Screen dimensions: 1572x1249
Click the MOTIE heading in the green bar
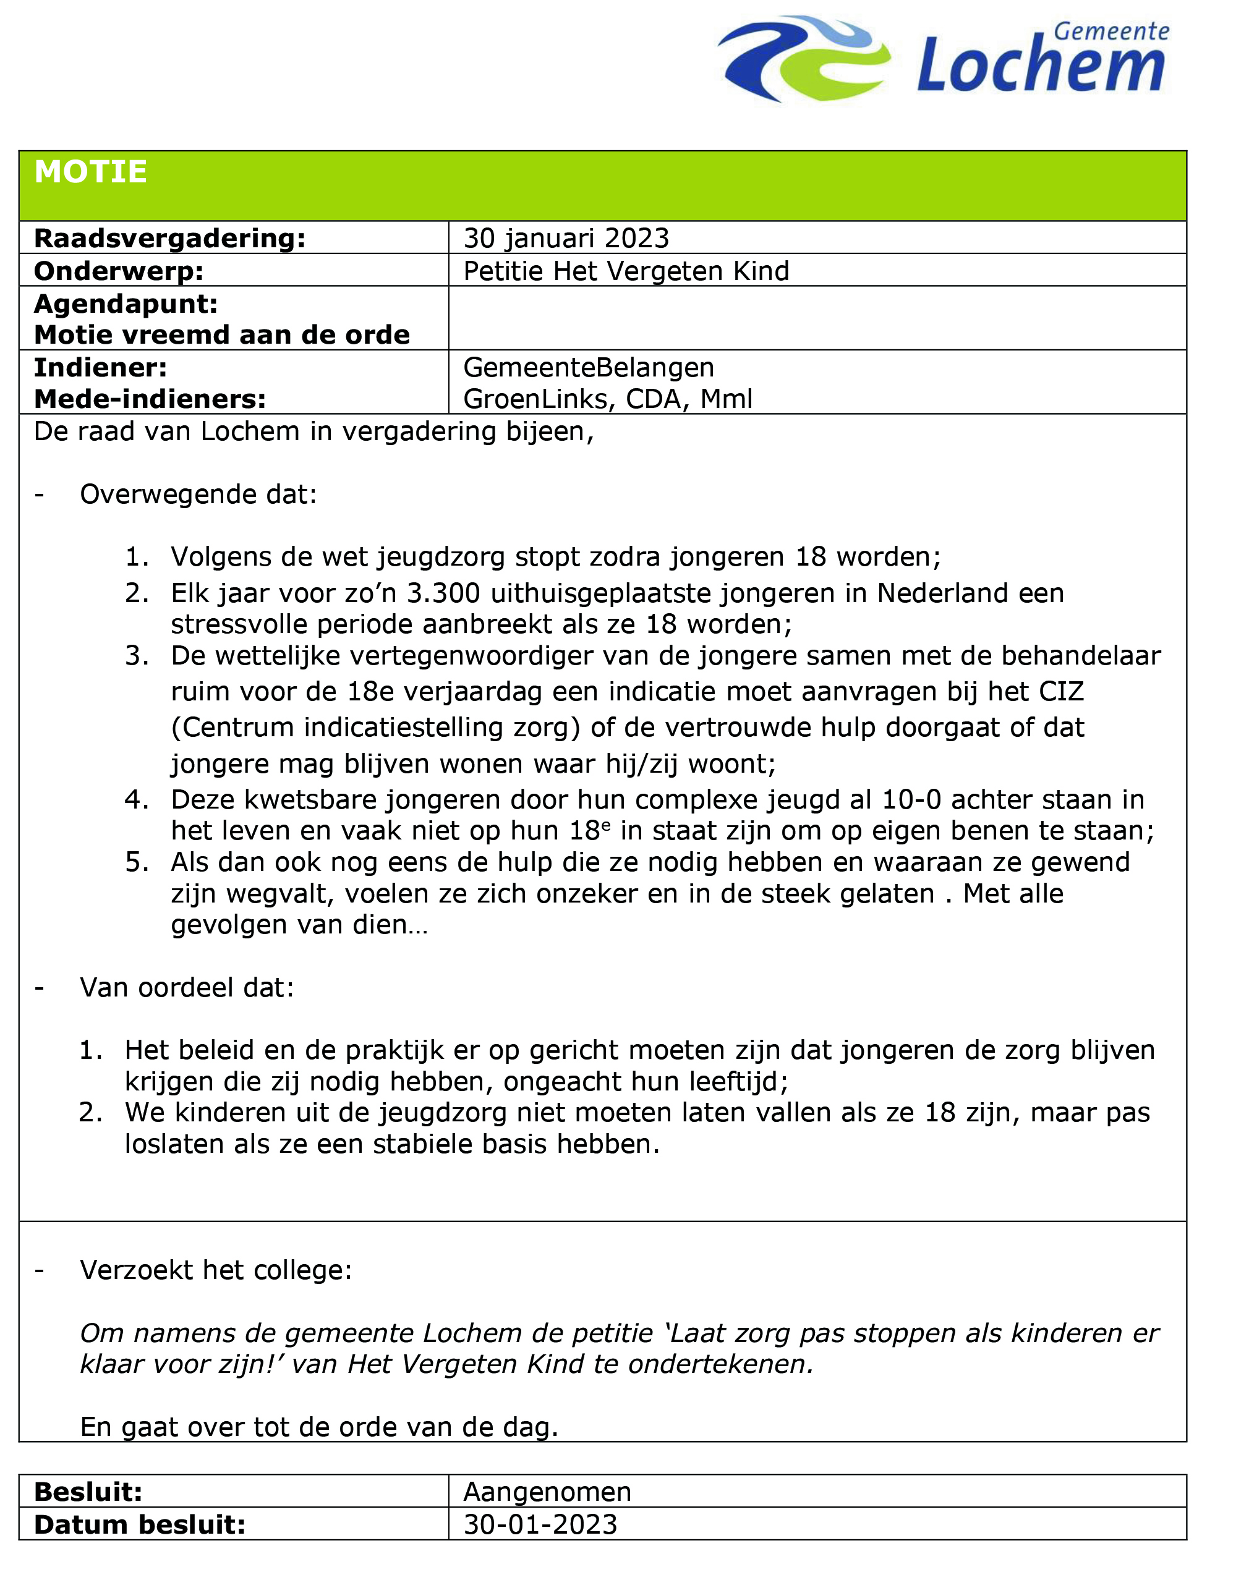pos(90,172)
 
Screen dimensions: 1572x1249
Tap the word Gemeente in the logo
pos(1110,32)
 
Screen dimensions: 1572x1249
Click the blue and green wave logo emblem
pos(803,58)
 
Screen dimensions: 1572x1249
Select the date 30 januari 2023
pos(566,239)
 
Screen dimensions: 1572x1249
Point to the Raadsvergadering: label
pos(169,239)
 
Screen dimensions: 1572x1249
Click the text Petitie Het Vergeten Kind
pos(626,271)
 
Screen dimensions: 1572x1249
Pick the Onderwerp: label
pos(119,271)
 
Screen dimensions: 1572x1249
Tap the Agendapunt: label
pos(126,304)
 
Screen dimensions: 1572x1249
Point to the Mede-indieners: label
pos(150,399)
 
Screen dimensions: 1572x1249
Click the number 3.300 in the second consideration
pos(443,593)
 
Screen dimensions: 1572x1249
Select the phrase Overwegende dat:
pos(198,495)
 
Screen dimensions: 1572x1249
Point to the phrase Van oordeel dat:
pos(187,987)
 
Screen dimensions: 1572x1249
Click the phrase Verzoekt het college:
pos(216,1270)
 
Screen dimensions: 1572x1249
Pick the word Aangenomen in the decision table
pos(547,1492)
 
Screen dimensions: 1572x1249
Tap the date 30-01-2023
pos(540,1524)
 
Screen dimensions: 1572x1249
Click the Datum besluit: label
pos(139,1524)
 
